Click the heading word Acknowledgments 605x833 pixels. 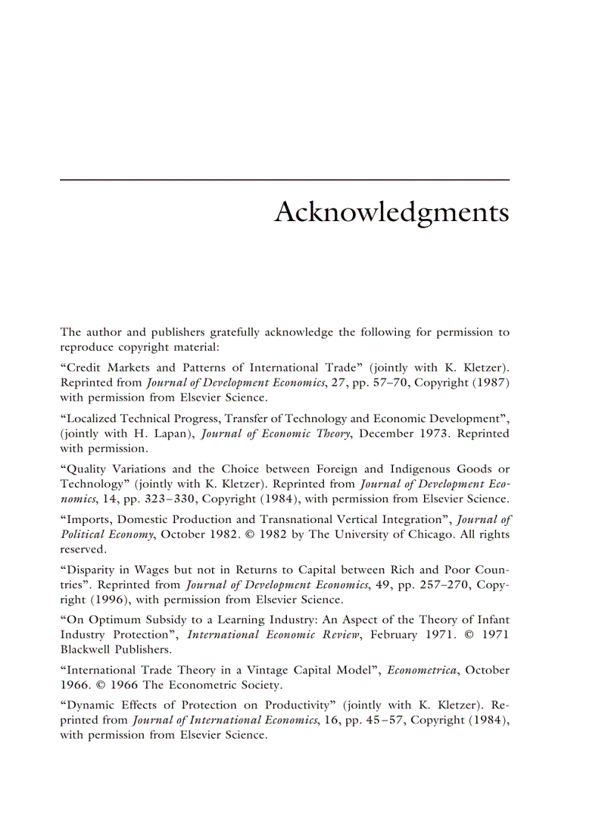tap(391, 213)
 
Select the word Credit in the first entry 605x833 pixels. tap(85, 368)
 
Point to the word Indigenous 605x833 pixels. tap(413, 468)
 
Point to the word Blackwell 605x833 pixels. tap(86, 648)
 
